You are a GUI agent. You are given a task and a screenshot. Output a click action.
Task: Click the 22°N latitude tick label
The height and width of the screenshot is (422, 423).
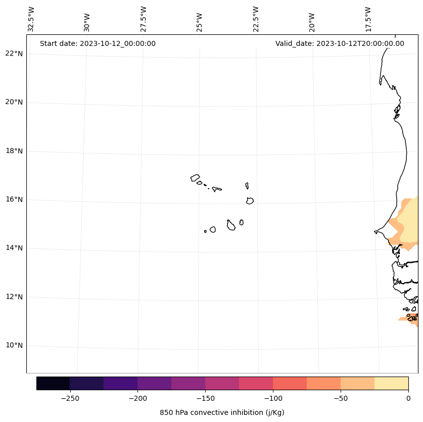coord(14,54)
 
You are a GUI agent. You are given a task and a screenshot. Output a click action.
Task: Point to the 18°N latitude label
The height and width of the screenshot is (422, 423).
coord(14,151)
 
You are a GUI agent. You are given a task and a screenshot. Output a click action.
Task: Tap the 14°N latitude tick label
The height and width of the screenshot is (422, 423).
coord(14,248)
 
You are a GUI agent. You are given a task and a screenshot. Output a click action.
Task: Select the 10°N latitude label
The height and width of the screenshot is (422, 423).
coord(14,346)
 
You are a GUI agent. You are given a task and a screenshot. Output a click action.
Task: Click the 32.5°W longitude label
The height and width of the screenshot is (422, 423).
coord(31,19)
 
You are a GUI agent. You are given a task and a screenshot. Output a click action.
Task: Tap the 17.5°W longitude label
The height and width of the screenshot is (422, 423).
coord(368,19)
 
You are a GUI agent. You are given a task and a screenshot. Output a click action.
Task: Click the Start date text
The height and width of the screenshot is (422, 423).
coord(98,43)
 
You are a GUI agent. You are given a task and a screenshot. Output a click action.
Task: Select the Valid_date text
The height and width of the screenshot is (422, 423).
coord(340,43)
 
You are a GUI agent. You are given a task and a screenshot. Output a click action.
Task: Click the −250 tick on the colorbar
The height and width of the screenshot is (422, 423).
coord(70,398)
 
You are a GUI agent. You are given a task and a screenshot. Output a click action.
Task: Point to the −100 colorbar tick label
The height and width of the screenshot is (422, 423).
coord(273,398)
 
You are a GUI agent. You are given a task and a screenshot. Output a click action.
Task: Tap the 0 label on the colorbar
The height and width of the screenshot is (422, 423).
coord(408,398)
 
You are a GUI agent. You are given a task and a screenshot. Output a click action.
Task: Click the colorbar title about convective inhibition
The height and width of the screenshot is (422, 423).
coord(222,412)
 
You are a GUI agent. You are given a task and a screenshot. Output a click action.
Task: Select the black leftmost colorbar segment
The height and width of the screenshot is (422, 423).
coord(53,383)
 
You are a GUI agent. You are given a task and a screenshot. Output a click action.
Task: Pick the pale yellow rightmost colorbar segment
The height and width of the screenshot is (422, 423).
coord(391,383)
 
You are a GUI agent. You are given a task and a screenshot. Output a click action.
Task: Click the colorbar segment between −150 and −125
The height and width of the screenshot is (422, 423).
coord(222,383)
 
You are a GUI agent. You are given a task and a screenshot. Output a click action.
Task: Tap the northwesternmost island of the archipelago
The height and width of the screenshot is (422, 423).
coord(195,178)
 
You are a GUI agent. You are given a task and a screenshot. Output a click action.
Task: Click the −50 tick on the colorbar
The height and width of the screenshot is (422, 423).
coord(341,398)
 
